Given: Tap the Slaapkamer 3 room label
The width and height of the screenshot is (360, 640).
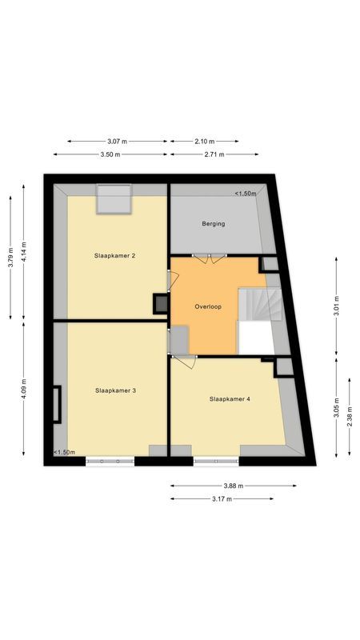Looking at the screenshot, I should pos(115,390).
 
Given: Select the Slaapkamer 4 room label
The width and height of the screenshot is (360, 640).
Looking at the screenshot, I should pos(230,398).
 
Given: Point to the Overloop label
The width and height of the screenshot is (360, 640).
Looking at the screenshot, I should pos(208,306).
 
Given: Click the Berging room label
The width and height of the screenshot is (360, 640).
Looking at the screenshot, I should pos(214,224).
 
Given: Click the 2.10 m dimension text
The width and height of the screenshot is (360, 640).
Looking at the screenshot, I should pos(204,142).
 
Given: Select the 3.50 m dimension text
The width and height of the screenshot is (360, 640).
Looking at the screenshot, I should pos(110,154).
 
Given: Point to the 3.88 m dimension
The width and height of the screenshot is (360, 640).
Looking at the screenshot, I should pos(234,486).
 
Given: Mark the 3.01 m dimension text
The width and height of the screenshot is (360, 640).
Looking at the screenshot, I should pos(336,308).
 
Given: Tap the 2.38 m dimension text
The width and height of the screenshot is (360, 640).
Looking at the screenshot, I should pos(350,410).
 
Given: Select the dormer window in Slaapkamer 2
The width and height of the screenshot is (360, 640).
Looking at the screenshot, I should pos(114,200).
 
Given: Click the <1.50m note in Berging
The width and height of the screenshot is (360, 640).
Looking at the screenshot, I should pos(245,194).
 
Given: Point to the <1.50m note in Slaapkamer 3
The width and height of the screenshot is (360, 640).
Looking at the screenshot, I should pos(64,452).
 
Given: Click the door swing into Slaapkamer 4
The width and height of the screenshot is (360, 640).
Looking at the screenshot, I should pos(186,362).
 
